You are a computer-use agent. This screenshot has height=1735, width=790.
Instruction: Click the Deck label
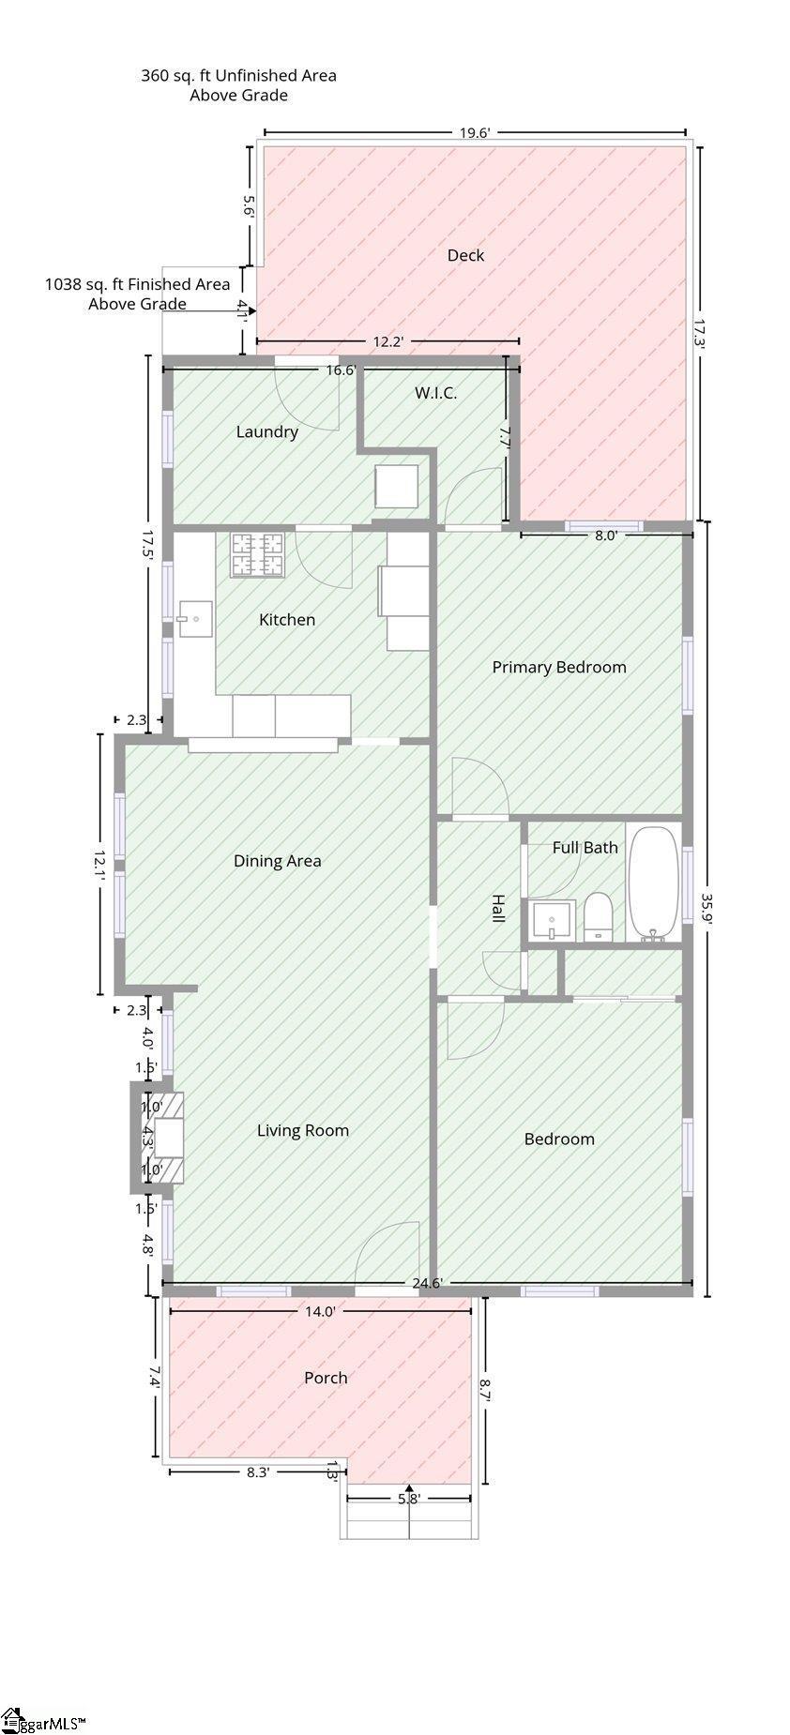click(x=465, y=255)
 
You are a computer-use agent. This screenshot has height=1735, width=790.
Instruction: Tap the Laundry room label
click(x=266, y=431)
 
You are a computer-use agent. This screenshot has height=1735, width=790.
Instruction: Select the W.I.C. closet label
click(x=436, y=393)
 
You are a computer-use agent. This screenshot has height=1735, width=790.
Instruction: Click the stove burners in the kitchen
click(x=257, y=554)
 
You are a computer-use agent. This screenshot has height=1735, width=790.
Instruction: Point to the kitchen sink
click(x=194, y=619)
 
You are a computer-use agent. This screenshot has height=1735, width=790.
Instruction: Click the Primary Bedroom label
click(x=559, y=667)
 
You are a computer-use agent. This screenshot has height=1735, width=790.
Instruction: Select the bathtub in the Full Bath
click(x=654, y=883)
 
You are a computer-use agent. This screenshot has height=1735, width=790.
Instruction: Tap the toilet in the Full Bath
click(x=598, y=917)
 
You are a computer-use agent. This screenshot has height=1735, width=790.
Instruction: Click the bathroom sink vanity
click(x=552, y=920)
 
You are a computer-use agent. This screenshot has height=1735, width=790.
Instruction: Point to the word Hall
click(x=498, y=908)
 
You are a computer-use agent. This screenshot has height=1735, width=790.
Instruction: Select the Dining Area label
click(x=277, y=861)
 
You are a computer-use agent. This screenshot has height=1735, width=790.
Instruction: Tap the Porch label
click(x=326, y=1378)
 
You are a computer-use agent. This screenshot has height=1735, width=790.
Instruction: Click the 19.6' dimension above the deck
click(x=475, y=132)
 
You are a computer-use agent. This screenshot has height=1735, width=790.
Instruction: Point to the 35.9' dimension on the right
click(x=708, y=908)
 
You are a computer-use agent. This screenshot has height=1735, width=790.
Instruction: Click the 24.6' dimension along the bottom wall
click(x=427, y=1283)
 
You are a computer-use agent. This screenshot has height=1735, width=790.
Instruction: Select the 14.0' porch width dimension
click(x=320, y=1312)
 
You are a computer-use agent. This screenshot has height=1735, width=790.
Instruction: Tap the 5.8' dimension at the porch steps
click(x=408, y=1499)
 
